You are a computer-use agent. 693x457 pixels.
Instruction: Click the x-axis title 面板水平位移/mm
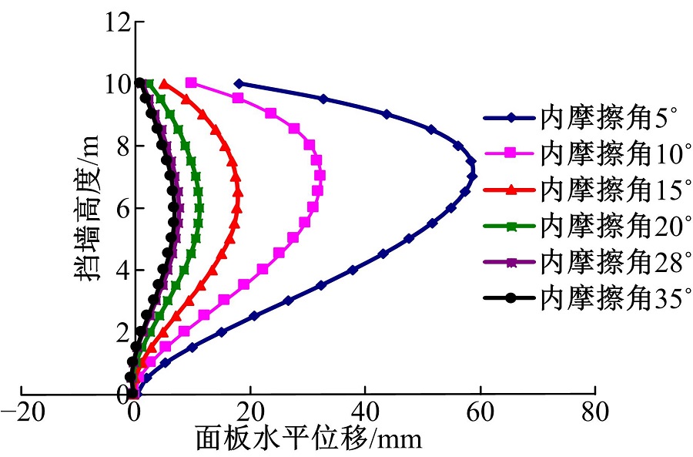click(309, 439)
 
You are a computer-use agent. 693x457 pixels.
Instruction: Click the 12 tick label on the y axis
click(116, 22)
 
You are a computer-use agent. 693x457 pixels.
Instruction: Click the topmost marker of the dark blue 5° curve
click(239, 83)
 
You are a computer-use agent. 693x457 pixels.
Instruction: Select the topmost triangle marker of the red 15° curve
click(164, 83)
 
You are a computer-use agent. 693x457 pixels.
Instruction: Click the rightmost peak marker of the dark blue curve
click(473, 176)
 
